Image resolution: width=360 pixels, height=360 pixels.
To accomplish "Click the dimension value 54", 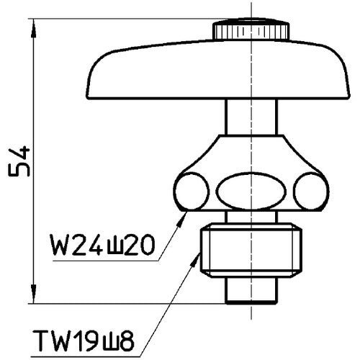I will tap(19, 161).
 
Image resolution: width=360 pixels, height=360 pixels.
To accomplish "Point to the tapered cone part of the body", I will tap(249, 155).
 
